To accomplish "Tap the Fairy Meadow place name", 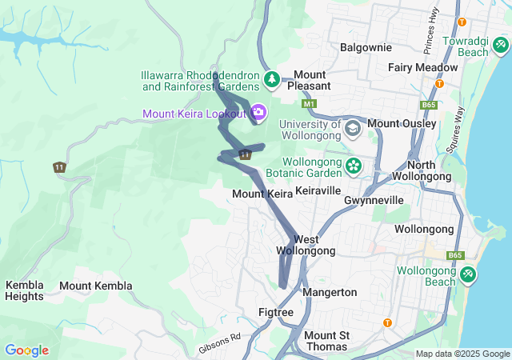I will (423, 68).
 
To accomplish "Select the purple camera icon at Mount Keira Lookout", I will (258, 112).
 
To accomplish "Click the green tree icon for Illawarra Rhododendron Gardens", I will (273, 78).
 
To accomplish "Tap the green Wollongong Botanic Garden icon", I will (353, 166).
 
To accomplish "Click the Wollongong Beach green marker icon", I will (468, 274).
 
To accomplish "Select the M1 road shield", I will (310, 104).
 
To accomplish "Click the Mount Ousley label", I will (402, 124).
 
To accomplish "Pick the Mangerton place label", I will (330, 292).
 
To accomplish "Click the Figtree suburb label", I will (277, 312).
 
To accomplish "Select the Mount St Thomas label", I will (326, 341).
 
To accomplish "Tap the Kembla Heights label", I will (25, 290).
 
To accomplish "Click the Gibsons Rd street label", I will (219, 344).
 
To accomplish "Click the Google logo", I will (26, 350).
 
